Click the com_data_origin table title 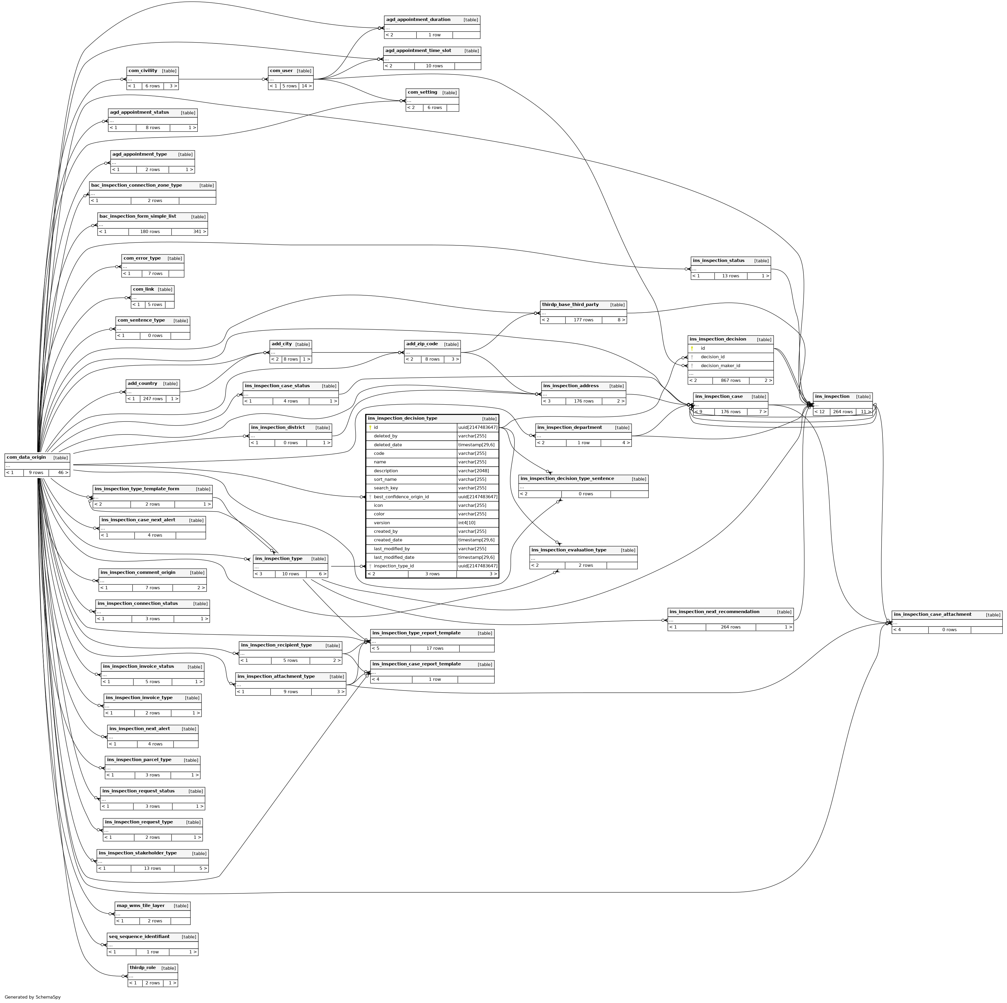(26, 457)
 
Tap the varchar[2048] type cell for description (473, 470)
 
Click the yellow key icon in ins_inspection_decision (692, 348)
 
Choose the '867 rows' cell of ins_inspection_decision (730, 380)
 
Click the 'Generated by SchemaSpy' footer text (32, 997)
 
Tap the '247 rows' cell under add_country (152, 398)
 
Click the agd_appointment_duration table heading (418, 20)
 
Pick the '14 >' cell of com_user (306, 86)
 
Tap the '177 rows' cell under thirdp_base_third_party (583, 320)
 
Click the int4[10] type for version (467, 523)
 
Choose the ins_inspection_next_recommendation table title (714, 612)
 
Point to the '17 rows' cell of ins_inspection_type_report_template (435, 648)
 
